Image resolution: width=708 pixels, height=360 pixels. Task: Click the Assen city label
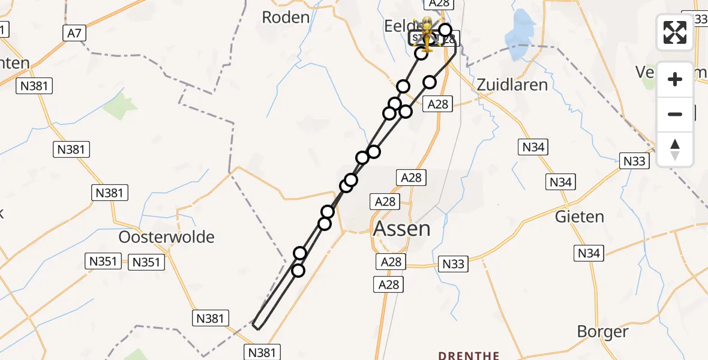(x=401, y=229)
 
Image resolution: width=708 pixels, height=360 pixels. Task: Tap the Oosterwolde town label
(x=166, y=237)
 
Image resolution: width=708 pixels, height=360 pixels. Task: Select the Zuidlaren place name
(x=512, y=85)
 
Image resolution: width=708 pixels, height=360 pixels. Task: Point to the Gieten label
(x=579, y=216)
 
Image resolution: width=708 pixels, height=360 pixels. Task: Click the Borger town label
(x=602, y=331)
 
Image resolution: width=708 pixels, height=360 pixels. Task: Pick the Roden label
(x=286, y=17)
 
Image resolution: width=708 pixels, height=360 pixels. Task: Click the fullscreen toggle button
(x=675, y=32)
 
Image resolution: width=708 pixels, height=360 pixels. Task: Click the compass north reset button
(x=675, y=149)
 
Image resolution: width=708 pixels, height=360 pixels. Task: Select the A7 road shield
(x=74, y=33)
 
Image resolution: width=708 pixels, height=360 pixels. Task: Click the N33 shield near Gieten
(x=634, y=161)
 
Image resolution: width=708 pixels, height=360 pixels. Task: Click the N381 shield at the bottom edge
(x=262, y=352)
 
